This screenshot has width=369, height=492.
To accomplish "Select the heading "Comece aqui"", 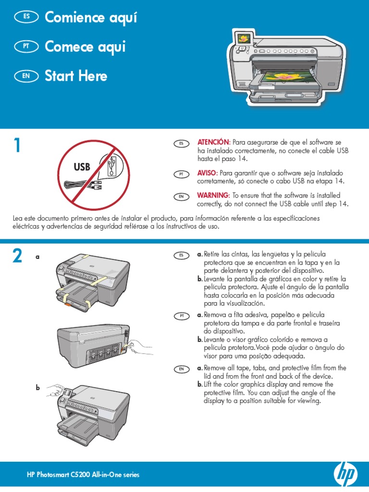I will point(85,47).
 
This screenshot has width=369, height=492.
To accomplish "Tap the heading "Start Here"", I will point(76,76).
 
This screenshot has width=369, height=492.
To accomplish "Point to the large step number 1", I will point(17,146).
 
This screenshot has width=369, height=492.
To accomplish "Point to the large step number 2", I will point(17,257).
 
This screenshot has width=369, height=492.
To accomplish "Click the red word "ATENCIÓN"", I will point(213,143).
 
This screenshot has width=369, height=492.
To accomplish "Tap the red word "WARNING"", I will point(213,196).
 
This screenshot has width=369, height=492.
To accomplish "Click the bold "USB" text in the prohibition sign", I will point(82,167).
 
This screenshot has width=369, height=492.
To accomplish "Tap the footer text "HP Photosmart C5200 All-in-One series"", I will point(83,475).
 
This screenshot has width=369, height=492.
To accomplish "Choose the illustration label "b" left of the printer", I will point(37,388).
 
